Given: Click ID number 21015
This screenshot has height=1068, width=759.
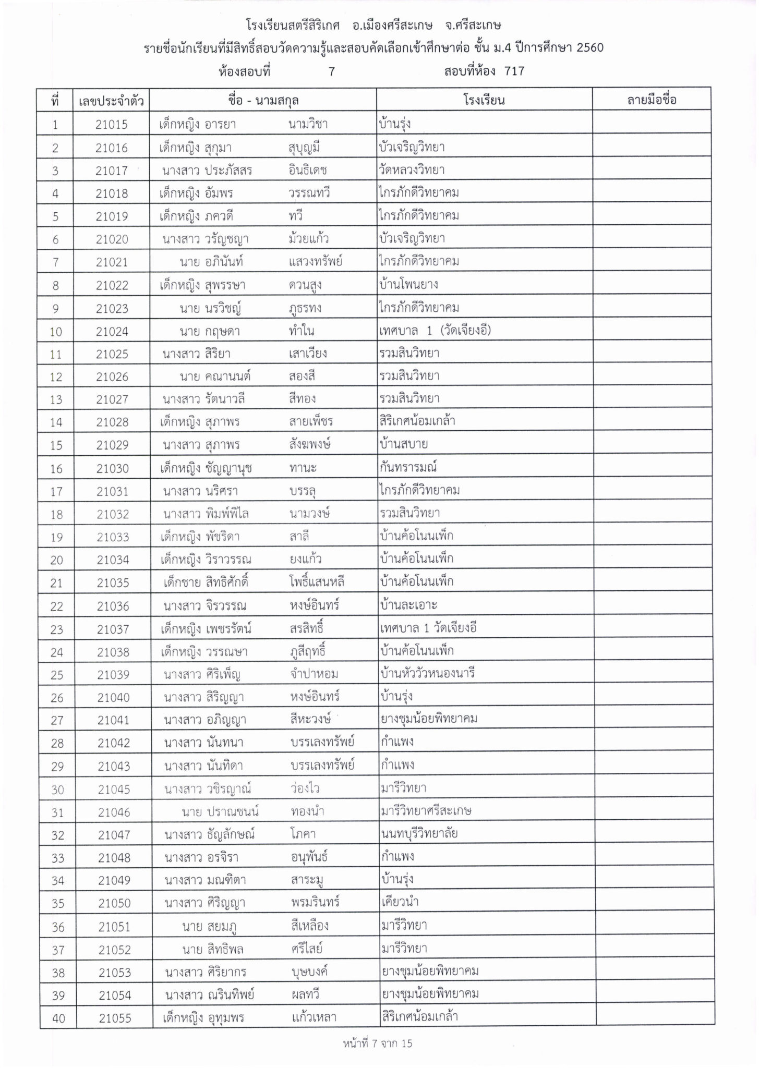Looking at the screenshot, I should (112, 125).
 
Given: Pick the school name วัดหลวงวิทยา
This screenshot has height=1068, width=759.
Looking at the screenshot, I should (412, 170).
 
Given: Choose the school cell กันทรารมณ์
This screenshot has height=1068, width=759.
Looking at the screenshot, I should (408, 467).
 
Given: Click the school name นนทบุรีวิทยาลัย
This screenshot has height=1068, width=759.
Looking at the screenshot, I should (419, 834).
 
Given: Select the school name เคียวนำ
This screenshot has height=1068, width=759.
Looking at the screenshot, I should (400, 902).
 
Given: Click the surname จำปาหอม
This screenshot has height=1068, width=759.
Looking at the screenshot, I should (314, 674).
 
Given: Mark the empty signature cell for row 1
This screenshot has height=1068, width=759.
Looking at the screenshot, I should (652, 124).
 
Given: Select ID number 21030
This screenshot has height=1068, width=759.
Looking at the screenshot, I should (112, 468).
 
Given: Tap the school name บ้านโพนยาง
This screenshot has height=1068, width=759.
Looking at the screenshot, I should (409, 285).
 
